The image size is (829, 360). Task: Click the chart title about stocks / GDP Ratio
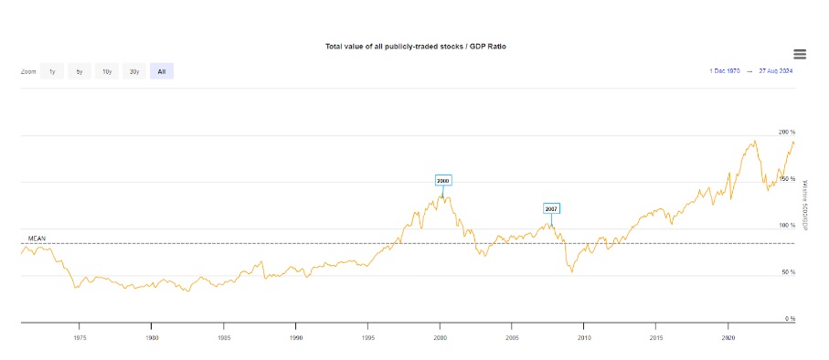pos(415,46)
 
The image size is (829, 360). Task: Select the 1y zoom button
pos(52,71)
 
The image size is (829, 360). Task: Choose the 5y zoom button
pos(80,71)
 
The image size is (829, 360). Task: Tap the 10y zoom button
pos(107,71)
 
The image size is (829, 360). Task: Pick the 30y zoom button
pos(134,71)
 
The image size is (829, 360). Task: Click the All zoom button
pos(162,71)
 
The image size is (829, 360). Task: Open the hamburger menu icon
pos(800,55)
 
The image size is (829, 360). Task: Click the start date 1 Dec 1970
pos(725,70)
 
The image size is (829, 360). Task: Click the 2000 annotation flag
pos(443,180)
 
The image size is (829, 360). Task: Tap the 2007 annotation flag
pos(551,208)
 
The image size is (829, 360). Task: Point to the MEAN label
pos(37,238)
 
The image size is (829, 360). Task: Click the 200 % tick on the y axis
pos(787,132)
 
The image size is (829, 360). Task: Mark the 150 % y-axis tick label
pos(787,179)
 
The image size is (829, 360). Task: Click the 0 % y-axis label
pos(791,319)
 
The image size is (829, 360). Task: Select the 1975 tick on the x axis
pos(80,337)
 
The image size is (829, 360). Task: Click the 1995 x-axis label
pos(367,337)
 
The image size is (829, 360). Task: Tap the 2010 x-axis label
pos(584,337)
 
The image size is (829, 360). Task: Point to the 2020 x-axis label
pos(728,337)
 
